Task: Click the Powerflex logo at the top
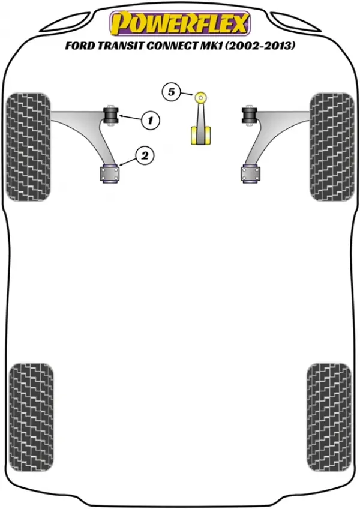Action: click(x=180, y=23)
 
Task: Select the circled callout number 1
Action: click(x=150, y=121)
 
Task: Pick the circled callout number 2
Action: click(x=145, y=156)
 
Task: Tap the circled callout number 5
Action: click(x=171, y=92)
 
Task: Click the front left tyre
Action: click(x=29, y=146)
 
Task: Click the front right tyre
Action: click(x=332, y=146)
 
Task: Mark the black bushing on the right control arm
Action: click(x=250, y=116)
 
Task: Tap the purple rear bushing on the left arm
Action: click(x=109, y=174)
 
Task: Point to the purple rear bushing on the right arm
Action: click(x=251, y=174)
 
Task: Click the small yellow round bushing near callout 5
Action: click(x=201, y=97)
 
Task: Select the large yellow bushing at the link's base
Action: click(x=200, y=136)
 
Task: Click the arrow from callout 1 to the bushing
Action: click(x=130, y=118)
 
